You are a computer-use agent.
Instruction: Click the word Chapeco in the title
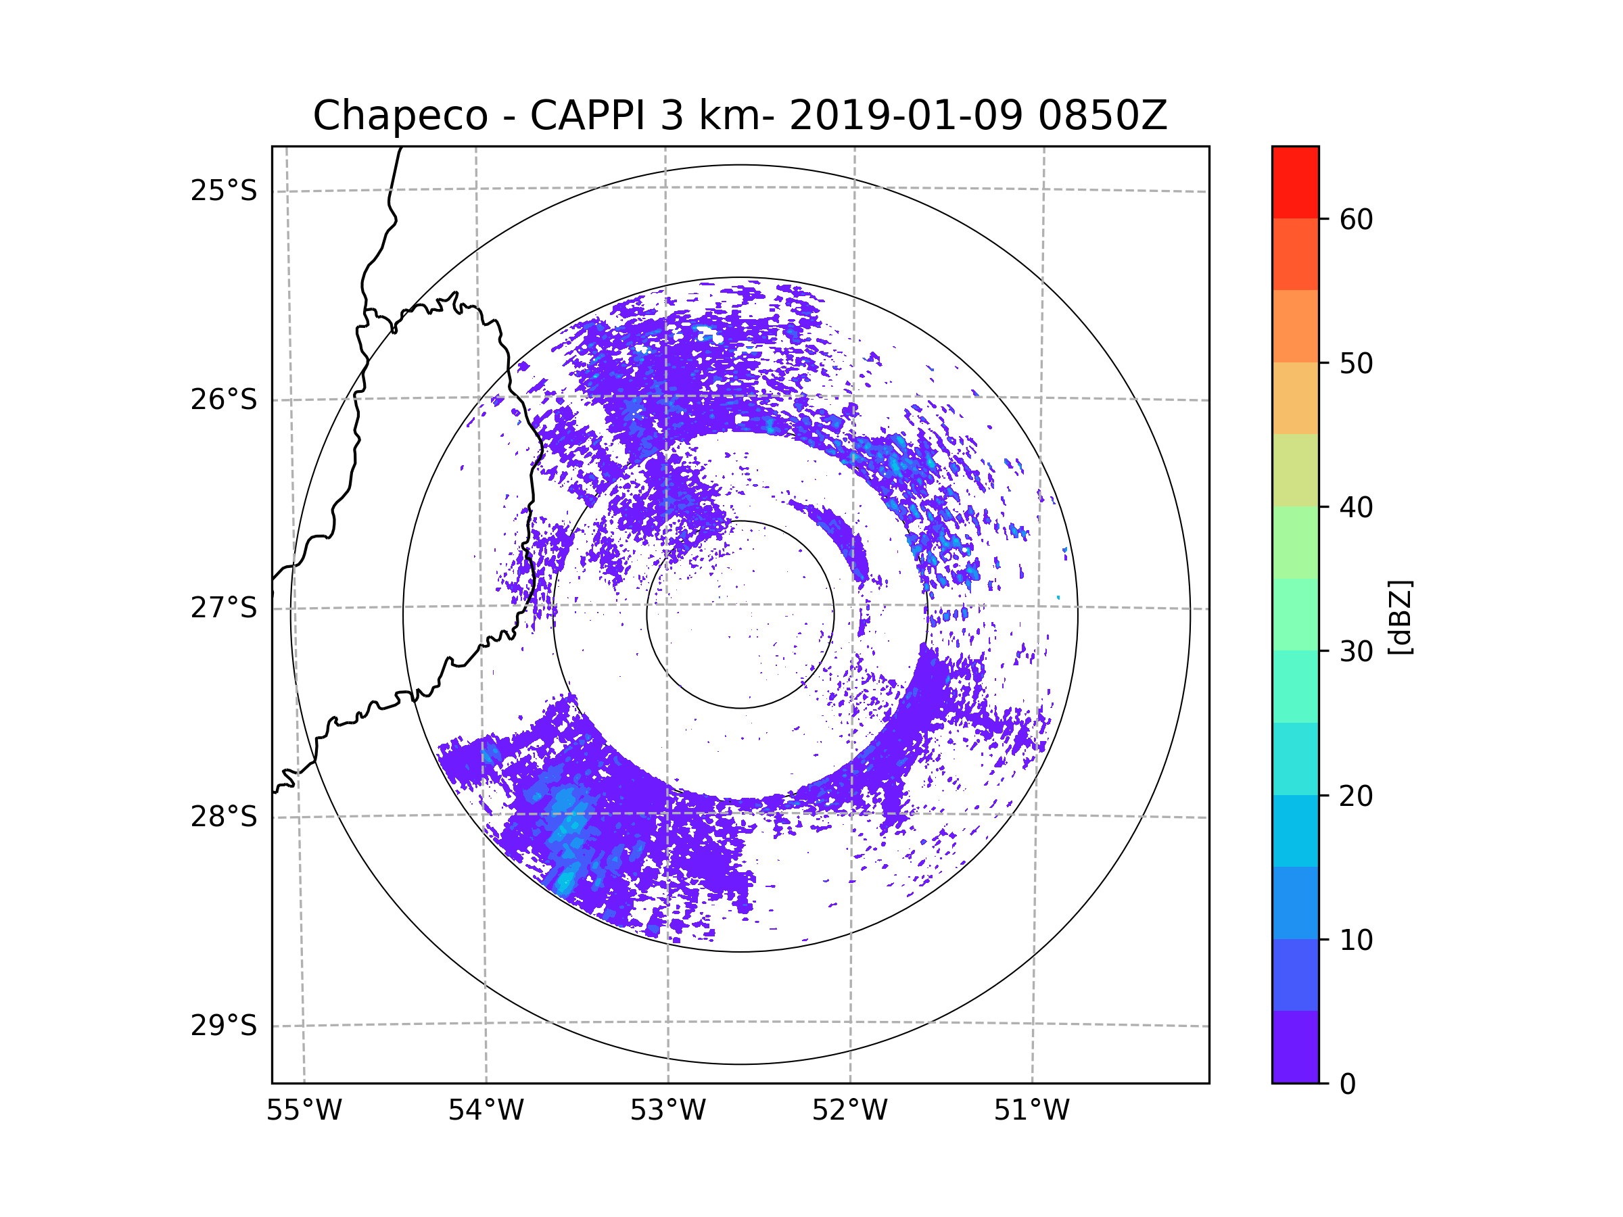(x=400, y=116)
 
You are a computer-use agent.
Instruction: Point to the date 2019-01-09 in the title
(x=905, y=116)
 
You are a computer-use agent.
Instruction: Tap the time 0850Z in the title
(x=1102, y=116)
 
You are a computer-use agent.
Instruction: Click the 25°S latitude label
(x=224, y=191)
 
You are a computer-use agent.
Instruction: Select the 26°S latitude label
(x=224, y=400)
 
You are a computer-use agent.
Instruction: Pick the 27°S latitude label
(x=224, y=608)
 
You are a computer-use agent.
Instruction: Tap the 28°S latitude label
(x=224, y=817)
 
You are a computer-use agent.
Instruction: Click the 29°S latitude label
(x=224, y=1026)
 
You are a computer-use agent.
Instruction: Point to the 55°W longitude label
(x=304, y=1111)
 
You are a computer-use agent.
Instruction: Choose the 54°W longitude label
(x=486, y=1111)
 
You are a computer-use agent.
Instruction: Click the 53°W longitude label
(x=667, y=1111)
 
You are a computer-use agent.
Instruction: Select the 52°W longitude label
(x=849, y=1111)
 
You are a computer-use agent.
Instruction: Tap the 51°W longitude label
(x=1031, y=1111)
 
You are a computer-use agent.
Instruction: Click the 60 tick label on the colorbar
(x=1356, y=219)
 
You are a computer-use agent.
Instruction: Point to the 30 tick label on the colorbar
(x=1356, y=651)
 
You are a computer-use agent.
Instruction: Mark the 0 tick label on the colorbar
(x=1348, y=1084)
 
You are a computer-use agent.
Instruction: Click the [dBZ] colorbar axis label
(x=1400, y=618)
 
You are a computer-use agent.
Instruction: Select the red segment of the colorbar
(x=1295, y=182)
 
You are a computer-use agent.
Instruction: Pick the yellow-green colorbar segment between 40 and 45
(x=1295, y=470)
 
